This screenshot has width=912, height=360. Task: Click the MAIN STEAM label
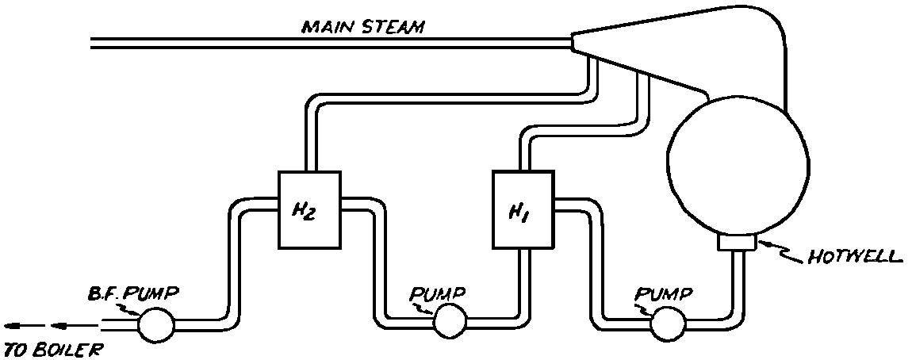coord(362,27)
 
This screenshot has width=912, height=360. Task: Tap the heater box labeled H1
coord(522,211)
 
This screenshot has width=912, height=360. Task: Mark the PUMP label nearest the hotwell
coord(664,294)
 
